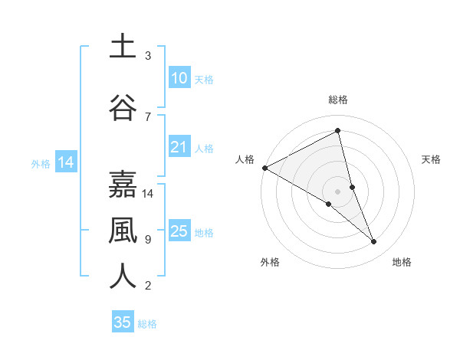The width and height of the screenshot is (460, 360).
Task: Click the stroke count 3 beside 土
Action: (148, 56)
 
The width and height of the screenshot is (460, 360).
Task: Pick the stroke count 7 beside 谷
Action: (148, 116)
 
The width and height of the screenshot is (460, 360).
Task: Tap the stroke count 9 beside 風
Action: (148, 240)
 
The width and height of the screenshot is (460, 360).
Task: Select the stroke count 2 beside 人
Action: (148, 286)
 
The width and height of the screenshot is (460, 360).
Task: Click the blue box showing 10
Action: (179, 78)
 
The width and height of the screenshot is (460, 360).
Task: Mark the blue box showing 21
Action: (179, 147)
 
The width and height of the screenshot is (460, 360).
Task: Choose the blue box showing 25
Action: (179, 231)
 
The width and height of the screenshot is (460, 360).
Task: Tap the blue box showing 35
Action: (123, 322)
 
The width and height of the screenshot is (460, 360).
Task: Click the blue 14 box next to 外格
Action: (65, 162)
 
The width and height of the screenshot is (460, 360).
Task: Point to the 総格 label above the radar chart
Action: (337, 100)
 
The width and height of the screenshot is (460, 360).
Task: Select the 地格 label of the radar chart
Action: (402, 262)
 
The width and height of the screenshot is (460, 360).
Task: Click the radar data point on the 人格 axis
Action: (264, 168)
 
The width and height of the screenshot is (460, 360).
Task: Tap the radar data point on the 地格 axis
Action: (374, 242)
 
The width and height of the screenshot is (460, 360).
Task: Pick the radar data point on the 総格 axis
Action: (337, 131)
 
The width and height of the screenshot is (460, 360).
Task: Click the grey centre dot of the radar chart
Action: (337, 190)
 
